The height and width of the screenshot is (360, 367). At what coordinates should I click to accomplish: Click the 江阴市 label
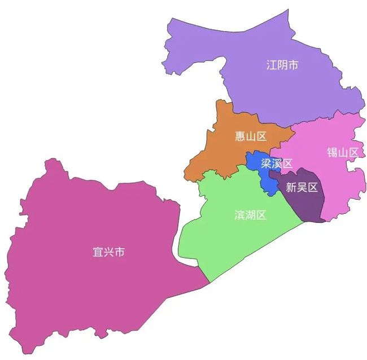click(x=282, y=65)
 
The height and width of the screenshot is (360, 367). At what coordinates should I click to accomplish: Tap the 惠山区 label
click(x=250, y=136)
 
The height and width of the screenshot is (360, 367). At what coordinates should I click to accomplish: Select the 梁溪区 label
click(x=277, y=164)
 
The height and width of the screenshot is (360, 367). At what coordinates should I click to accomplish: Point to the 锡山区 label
click(x=342, y=152)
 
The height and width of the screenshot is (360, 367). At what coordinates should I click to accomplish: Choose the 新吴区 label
click(x=302, y=188)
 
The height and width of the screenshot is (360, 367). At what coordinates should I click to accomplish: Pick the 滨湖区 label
click(x=250, y=215)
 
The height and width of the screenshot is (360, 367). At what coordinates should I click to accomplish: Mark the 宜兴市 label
click(x=108, y=252)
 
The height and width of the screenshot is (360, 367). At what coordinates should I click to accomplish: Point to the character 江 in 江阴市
click(x=271, y=65)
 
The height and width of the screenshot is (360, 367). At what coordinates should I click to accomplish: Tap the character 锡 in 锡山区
click(x=331, y=152)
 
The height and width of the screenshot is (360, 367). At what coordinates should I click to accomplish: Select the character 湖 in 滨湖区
click(x=250, y=215)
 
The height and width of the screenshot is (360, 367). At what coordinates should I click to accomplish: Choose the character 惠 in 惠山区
click(x=239, y=136)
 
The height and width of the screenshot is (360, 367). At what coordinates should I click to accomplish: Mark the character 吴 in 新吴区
click(x=302, y=188)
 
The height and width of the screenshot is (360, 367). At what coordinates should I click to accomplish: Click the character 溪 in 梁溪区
click(x=277, y=164)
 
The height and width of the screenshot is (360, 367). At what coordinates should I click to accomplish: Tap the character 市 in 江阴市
click(x=292, y=65)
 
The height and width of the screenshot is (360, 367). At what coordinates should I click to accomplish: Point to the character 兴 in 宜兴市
click(x=108, y=252)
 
